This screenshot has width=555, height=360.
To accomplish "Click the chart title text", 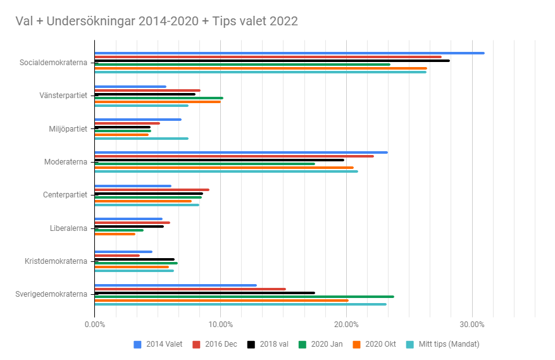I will [x=156, y=21].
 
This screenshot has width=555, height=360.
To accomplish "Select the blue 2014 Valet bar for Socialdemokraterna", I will [x=289, y=53].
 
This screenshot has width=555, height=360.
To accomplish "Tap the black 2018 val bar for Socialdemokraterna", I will [x=272, y=61].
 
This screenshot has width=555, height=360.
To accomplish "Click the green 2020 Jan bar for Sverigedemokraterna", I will [x=244, y=296].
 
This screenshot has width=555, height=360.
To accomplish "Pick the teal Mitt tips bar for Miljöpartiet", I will [x=141, y=139].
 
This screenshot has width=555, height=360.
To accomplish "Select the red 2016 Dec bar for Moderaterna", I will [x=234, y=156].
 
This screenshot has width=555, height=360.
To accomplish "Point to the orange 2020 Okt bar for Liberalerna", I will [x=115, y=234].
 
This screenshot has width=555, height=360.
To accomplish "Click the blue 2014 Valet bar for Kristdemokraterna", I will [x=123, y=252].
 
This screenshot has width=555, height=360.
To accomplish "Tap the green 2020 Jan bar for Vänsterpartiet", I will [x=159, y=98].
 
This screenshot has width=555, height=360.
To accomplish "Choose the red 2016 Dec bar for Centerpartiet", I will [x=152, y=190].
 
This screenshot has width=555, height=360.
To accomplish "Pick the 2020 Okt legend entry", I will [x=377, y=344].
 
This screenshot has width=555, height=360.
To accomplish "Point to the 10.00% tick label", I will [x=220, y=325].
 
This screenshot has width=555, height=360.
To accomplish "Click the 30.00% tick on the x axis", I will [x=472, y=325].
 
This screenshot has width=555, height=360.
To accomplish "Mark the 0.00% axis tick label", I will [x=94, y=325].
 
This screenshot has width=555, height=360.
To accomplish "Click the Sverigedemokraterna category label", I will [x=51, y=294].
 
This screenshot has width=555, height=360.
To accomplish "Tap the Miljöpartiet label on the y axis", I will [x=68, y=129].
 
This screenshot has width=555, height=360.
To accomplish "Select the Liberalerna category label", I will [x=68, y=228].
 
